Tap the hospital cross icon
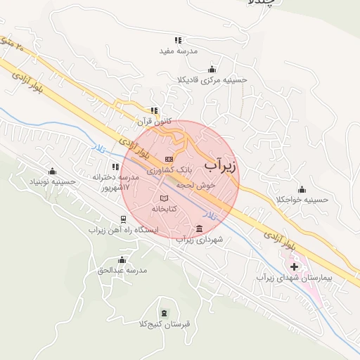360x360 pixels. (x=294, y=266)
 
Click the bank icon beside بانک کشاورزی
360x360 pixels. (x=168, y=159)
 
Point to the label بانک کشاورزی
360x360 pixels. (x=169, y=170)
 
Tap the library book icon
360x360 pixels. (x=165, y=198)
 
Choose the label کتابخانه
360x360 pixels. (x=164, y=209)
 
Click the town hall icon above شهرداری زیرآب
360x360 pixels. (x=200, y=229)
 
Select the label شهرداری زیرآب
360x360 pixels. (x=199, y=240)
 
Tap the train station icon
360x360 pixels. (x=123, y=219)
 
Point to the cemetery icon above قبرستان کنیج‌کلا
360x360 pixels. (x=165, y=313)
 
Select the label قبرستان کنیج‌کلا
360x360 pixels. (x=165, y=324)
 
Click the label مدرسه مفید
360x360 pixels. (x=178, y=51)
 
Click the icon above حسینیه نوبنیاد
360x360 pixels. (x=51, y=171)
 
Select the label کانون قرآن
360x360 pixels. (x=155, y=121)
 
